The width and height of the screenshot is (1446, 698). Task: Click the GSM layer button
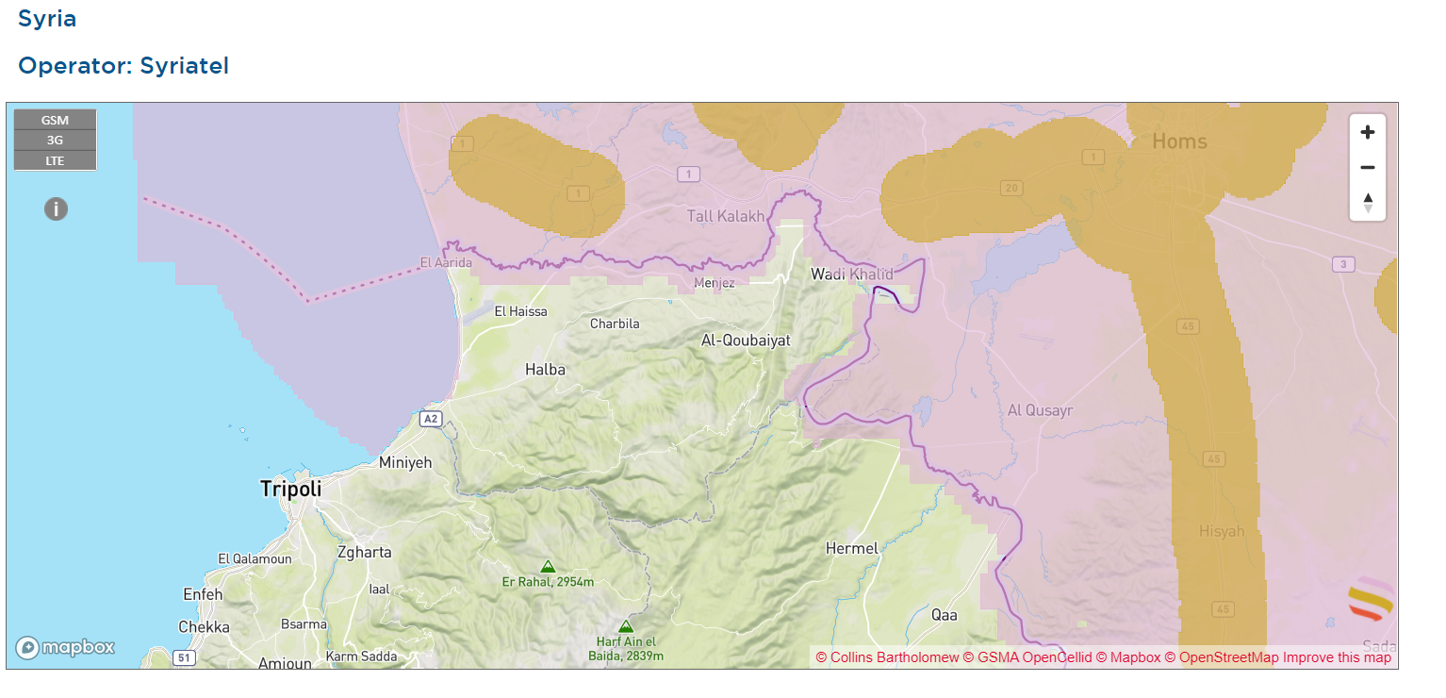point(55,121)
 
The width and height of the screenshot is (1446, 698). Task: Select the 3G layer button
point(55,141)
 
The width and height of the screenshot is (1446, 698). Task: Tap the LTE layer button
point(55,160)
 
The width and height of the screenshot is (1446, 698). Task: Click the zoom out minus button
point(1368,168)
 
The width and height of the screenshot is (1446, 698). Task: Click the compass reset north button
point(1368,202)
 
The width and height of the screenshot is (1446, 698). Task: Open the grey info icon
point(56,209)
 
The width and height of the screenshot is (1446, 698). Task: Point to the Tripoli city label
point(290,489)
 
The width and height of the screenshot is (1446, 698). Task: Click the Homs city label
point(1179,141)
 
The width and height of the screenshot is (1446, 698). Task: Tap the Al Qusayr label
point(1040,410)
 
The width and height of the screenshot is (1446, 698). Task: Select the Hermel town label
point(851,548)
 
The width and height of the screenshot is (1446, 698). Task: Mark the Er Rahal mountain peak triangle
point(548,566)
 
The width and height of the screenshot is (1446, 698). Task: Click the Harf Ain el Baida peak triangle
point(625,626)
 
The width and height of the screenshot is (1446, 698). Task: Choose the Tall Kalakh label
point(726,217)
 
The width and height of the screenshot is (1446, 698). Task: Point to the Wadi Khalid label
point(852,274)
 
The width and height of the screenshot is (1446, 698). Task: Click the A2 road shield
point(431,418)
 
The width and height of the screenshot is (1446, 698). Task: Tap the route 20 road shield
point(1011,188)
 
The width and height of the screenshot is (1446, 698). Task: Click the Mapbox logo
point(65,648)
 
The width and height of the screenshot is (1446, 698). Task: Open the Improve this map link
point(1336,657)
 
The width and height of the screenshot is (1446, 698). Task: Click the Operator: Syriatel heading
point(123,66)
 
